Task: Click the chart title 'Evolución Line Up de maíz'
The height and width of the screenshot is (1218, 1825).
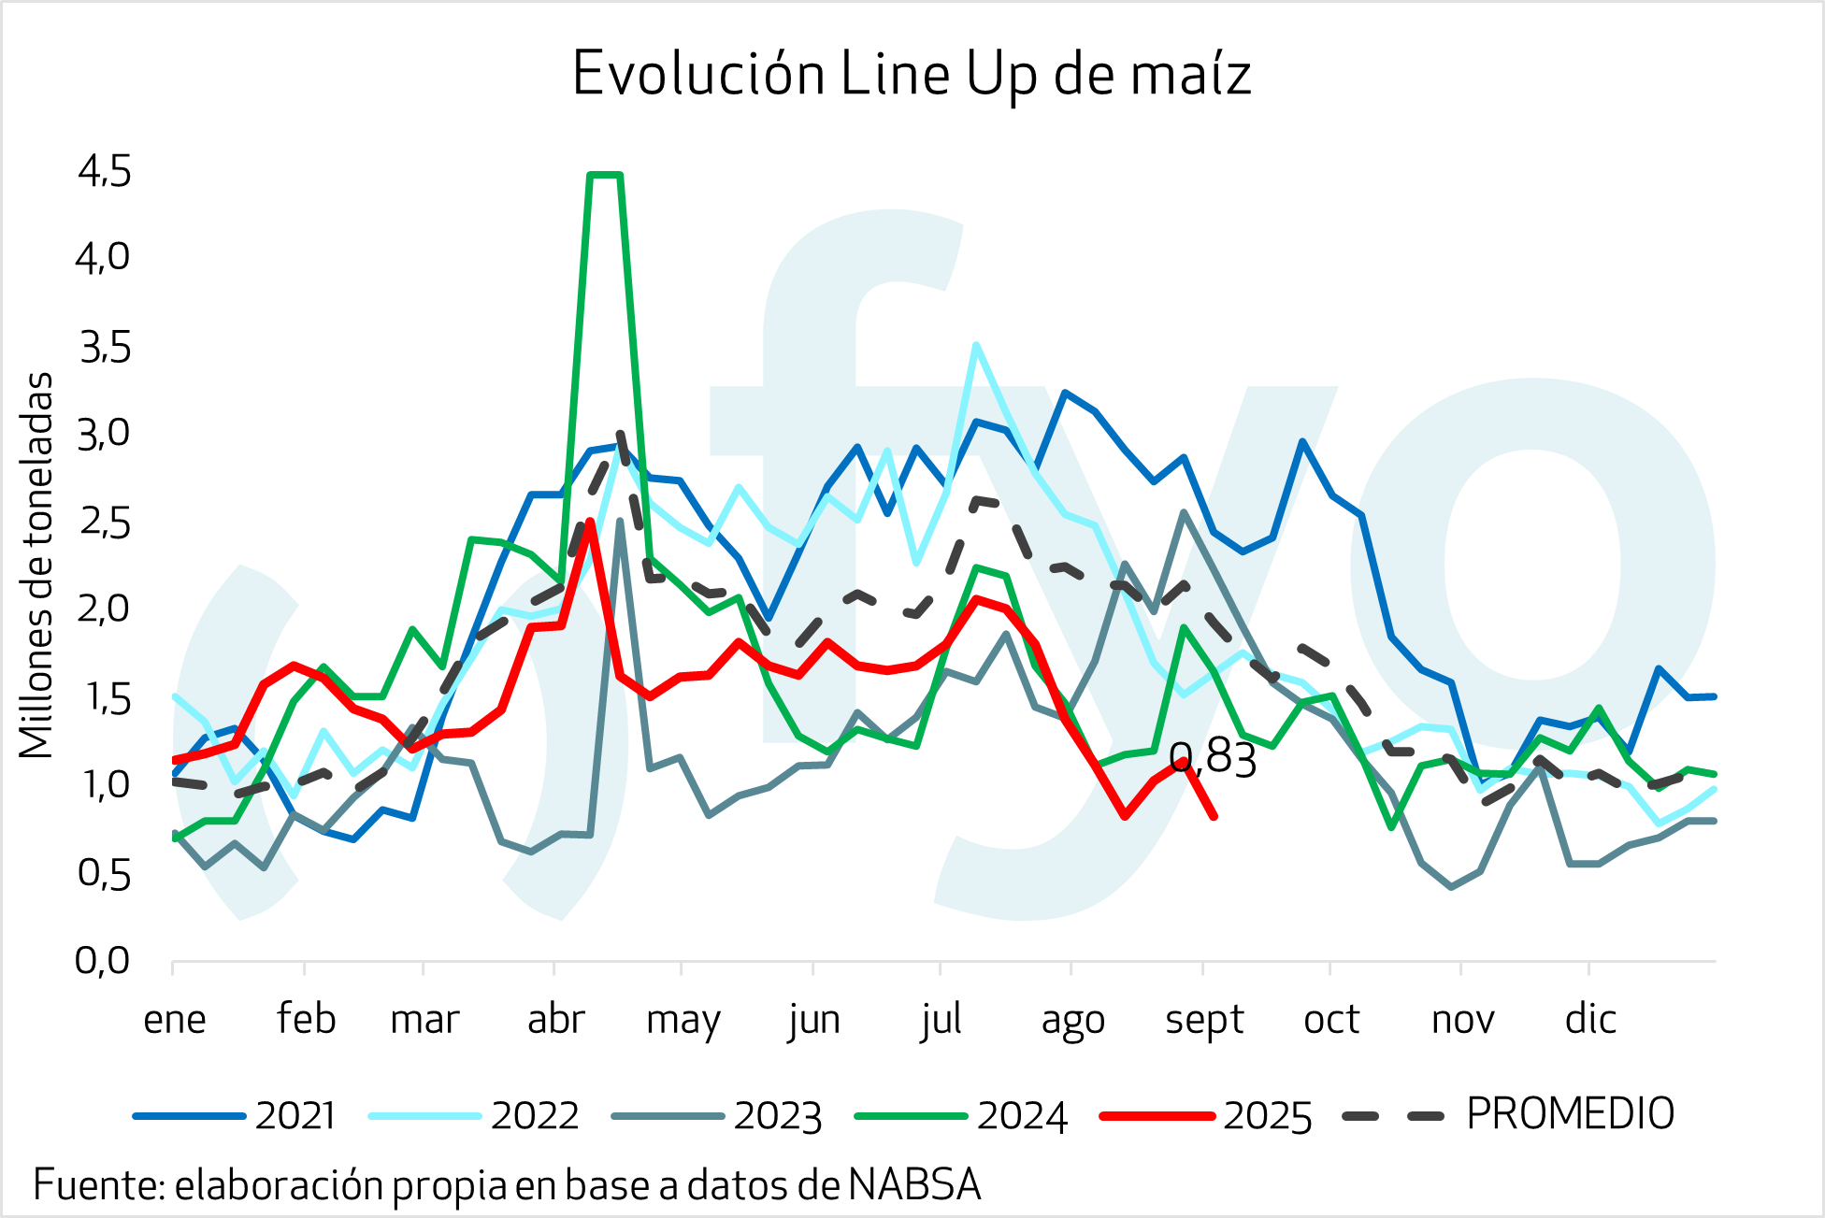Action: pyautogui.click(x=912, y=73)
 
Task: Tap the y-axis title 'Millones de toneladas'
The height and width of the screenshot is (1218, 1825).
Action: pyautogui.click(x=36, y=566)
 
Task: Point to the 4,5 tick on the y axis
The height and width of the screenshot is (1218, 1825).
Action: pyautogui.click(x=104, y=172)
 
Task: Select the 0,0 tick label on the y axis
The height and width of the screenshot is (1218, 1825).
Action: pyautogui.click(x=104, y=960)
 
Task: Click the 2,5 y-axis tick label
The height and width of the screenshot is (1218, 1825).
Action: pyautogui.click(x=104, y=523)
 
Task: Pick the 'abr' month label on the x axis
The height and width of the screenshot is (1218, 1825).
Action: pyautogui.click(x=555, y=1019)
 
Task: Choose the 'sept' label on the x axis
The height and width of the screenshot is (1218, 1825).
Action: pyautogui.click(x=1204, y=1019)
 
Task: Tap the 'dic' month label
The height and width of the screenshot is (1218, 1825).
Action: pyautogui.click(x=1590, y=1019)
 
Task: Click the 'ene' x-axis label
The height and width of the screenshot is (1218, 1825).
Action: pyautogui.click(x=175, y=1019)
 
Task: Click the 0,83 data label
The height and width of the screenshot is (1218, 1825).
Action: pyautogui.click(x=1213, y=758)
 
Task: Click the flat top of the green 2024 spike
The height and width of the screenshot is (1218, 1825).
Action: pyautogui.click(x=605, y=175)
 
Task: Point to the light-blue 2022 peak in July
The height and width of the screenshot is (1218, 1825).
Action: pyautogui.click(x=976, y=345)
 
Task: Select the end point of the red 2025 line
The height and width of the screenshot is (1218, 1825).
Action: pyautogui.click(x=1214, y=816)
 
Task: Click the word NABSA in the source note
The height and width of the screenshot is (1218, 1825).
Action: pyautogui.click(x=915, y=1184)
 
